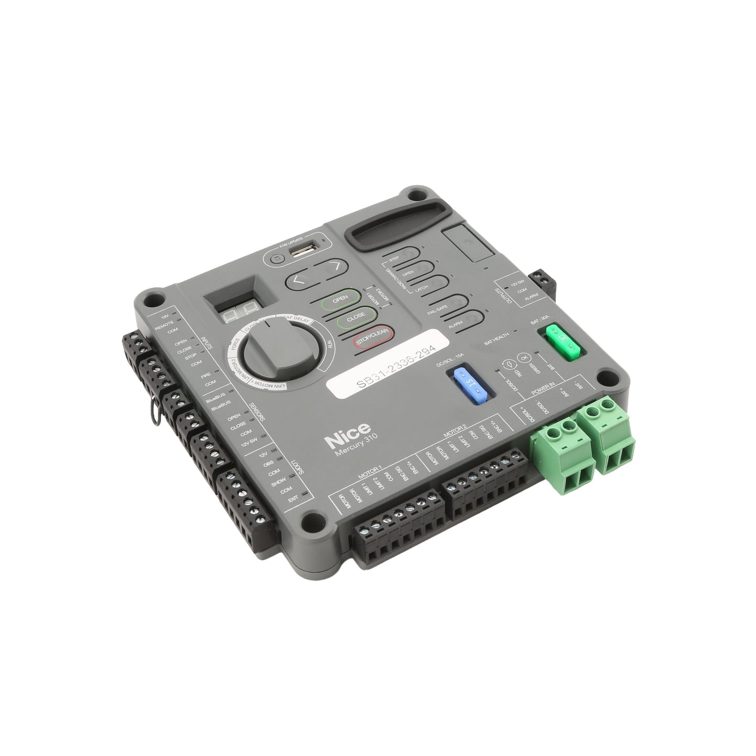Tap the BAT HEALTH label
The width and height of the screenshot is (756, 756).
496,341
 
